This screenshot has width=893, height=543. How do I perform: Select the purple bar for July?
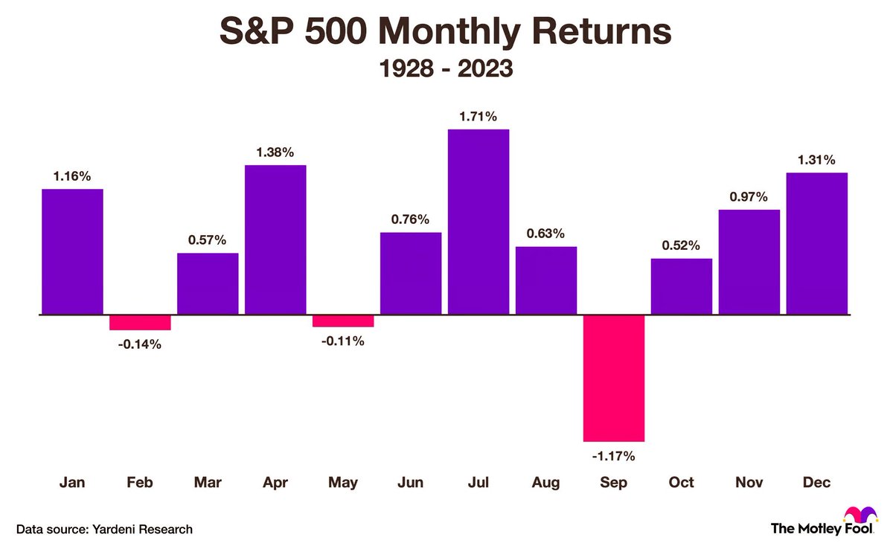pos(478,222)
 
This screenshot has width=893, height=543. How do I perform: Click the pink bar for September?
pos(613,378)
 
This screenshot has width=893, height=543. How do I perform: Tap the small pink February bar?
pos(140,322)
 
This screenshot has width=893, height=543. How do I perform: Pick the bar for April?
pos(275,240)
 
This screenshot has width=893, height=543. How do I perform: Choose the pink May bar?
pos(342,321)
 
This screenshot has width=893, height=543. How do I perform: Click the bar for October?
pos(681,286)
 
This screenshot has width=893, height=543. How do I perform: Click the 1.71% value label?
pos(478,116)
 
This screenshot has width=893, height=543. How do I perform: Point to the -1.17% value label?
pos(613,455)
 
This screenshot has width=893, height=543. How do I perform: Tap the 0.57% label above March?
pos(208,240)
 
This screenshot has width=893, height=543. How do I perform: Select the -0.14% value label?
pos(140,344)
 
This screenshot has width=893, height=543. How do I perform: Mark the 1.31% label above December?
pos(816,159)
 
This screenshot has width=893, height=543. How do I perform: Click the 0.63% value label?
pos(545,233)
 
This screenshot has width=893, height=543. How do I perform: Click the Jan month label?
pos(72,483)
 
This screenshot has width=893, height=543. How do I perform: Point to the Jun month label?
pos(410,483)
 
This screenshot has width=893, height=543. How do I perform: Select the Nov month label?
pos(749,483)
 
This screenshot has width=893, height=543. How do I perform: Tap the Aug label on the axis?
pos(545,483)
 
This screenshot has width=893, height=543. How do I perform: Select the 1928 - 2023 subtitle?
pos(446,69)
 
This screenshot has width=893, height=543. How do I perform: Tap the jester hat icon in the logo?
pos(858,514)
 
